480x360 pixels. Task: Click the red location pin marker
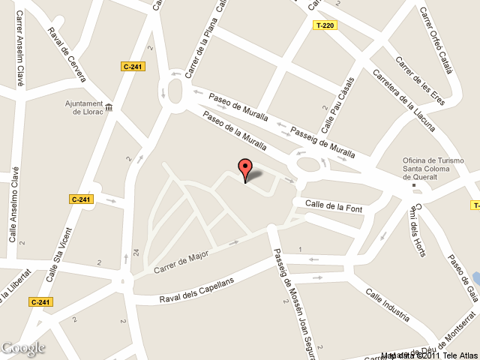[x=245, y=169]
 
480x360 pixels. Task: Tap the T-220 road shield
[x=324, y=25]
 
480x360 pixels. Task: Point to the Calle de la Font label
[x=333, y=205]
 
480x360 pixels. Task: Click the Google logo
[x=22, y=348]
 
